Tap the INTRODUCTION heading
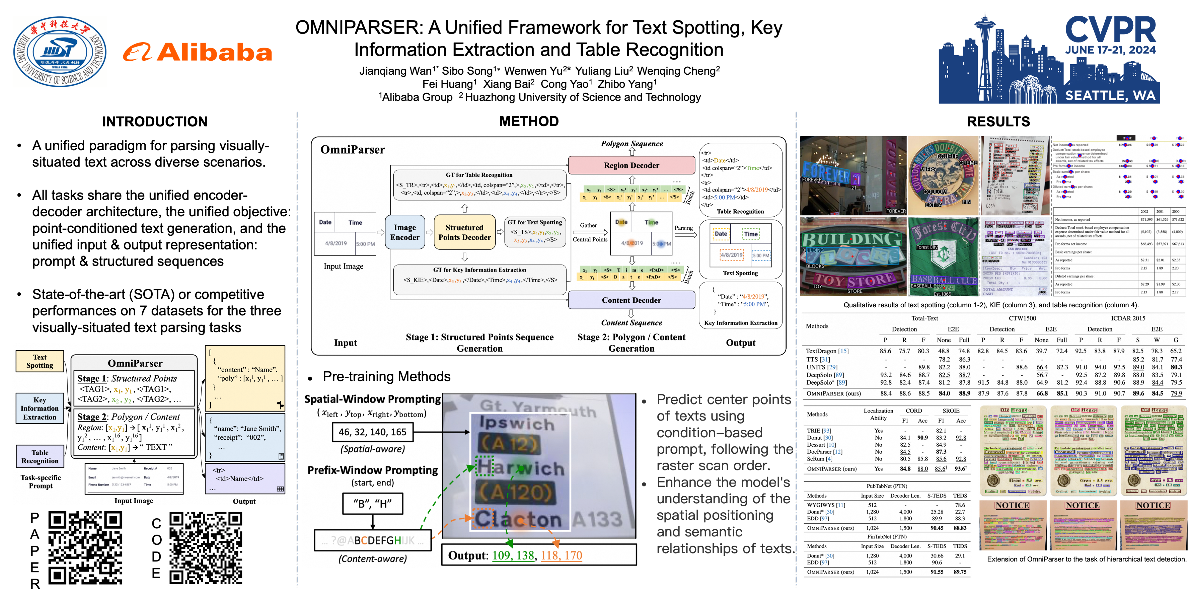click(x=155, y=121)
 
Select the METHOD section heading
click(x=529, y=121)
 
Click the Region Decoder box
click(x=631, y=165)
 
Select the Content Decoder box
click(x=631, y=300)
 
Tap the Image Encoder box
click(x=405, y=232)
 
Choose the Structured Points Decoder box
click(x=464, y=232)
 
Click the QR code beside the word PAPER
click(x=85, y=547)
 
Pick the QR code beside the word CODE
click(x=206, y=547)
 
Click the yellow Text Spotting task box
click(x=40, y=361)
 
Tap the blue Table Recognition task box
click(x=40, y=456)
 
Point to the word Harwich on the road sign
click(x=520, y=468)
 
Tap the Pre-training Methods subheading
click(x=386, y=377)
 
